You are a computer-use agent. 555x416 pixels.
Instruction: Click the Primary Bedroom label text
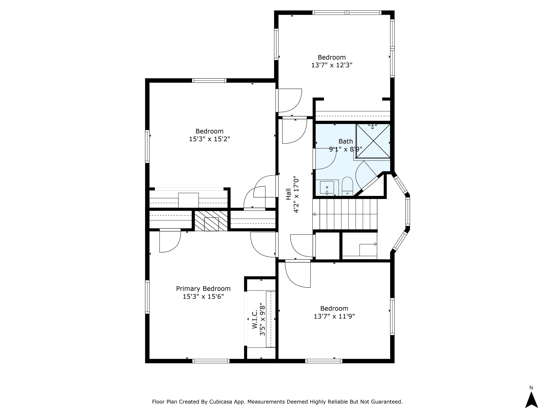click(x=203, y=289)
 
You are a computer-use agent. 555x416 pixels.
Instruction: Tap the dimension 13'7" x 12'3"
click(x=332, y=65)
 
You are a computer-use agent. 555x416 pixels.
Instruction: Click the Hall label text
click(x=289, y=194)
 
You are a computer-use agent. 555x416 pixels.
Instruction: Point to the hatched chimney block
click(x=211, y=221)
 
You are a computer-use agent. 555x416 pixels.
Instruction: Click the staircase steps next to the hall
click(x=345, y=214)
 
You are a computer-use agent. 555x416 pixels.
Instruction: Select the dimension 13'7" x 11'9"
click(x=334, y=316)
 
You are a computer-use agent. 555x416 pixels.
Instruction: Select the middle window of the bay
click(x=408, y=211)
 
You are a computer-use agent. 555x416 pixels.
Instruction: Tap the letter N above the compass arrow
click(x=531, y=388)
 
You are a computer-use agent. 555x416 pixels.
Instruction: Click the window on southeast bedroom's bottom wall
click(x=324, y=361)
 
